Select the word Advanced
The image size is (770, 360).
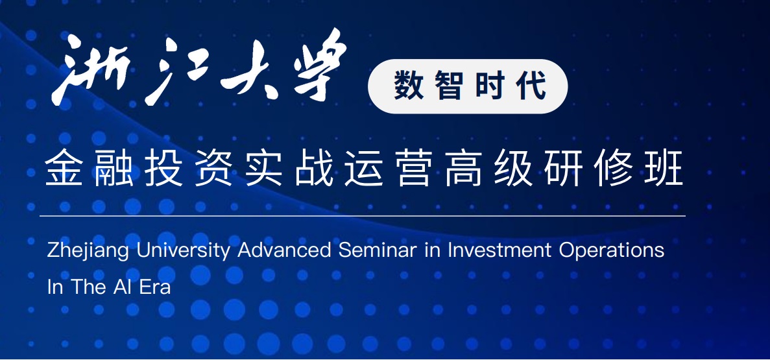pyautogui.click(x=284, y=250)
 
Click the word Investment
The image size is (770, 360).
pyautogui.click(x=499, y=250)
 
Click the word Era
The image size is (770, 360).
pyautogui.click(x=155, y=287)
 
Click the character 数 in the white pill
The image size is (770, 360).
pyautogui.click(x=409, y=86)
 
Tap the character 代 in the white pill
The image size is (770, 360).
pyautogui.click(x=531, y=86)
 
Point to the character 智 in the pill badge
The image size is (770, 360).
pyautogui.click(x=449, y=86)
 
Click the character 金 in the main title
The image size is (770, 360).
pyautogui.click(x=64, y=168)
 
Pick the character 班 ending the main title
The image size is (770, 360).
pyautogui.click(x=663, y=168)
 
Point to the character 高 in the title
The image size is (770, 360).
pyautogui.click(x=464, y=168)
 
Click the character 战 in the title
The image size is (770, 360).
pyautogui.click(x=314, y=168)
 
